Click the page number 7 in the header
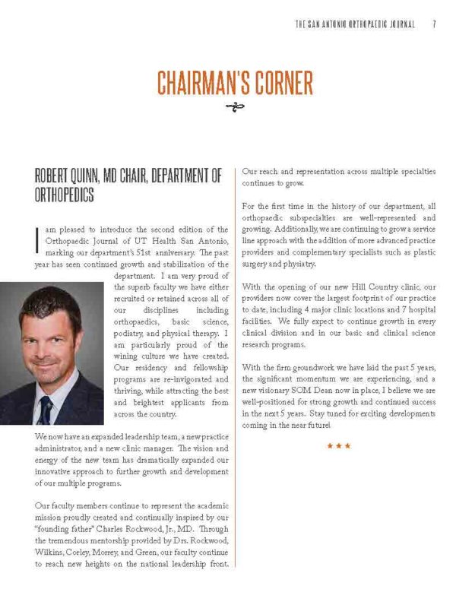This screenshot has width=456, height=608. (x=433, y=24)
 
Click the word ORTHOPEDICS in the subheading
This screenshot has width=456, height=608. (x=65, y=195)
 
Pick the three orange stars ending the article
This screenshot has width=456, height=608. (x=338, y=446)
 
